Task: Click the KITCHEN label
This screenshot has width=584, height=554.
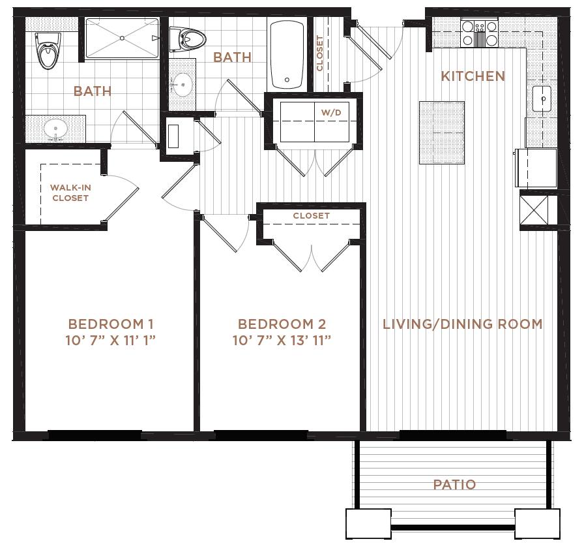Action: tap(473, 76)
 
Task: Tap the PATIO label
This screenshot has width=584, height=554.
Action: tap(454, 485)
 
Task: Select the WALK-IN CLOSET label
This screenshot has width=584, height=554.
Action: tap(70, 192)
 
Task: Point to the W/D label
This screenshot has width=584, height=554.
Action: tap(331, 112)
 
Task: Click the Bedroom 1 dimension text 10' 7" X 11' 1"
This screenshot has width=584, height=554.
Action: tap(110, 340)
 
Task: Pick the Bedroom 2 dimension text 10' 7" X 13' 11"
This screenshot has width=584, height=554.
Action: tap(282, 340)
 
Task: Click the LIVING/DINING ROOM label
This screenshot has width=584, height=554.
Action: tap(463, 324)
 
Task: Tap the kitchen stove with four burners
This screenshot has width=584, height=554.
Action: tap(479, 33)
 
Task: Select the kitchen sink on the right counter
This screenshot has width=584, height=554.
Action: tap(542, 99)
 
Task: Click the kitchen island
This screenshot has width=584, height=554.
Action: tap(442, 132)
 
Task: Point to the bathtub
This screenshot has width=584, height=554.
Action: tap(287, 54)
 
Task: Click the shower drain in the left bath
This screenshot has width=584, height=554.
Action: tap(122, 38)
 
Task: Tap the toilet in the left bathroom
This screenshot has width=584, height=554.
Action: tap(48, 50)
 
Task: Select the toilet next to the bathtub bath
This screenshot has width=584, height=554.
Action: tap(187, 39)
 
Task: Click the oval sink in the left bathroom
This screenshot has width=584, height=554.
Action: tap(55, 129)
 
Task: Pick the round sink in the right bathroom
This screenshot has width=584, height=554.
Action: tap(182, 85)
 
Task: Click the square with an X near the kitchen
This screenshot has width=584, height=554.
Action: tap(534, 210)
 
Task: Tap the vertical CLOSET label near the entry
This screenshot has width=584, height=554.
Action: tap(319, 53)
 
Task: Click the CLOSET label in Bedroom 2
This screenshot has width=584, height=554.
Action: tap(311, 215)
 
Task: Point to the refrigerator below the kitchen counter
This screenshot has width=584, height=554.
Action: tap(536, 168)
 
